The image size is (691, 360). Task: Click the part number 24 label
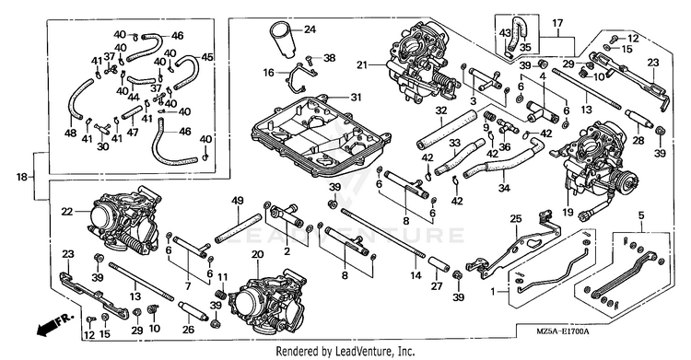coord(310,30)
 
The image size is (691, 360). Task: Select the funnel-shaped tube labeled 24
coord(283,41)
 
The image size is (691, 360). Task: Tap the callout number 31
coord(356,97)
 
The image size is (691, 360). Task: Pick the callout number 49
coord(238,202)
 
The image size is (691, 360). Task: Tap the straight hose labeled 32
coord(447,130)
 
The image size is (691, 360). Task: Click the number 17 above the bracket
coord(557,23)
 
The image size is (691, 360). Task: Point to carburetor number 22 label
coord(66,212)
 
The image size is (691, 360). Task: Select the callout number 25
coord(516,219)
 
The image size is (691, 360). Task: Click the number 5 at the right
coord(640,216)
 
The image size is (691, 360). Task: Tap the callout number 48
coord(71,133)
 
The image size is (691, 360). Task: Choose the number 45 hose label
coord(207,57)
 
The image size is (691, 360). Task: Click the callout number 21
coord(362,65)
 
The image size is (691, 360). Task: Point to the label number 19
coord(568,213)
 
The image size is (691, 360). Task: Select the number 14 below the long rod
coord(416,276)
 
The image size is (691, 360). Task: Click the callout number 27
coord(437,286)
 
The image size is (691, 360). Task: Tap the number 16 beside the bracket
coord(269,73)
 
